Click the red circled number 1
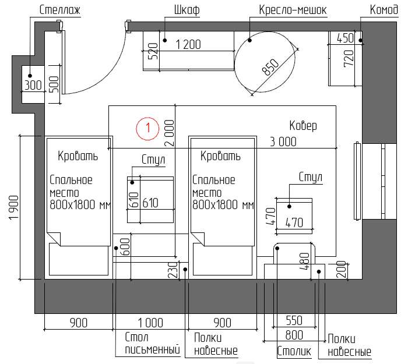pyautogui.click(x=147, y=129)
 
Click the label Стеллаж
pyautogui.click(x=59, y=10)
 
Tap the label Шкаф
pyautogui.click(x=187, y=10)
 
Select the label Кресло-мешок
pyautogui.click(x=293, y=10)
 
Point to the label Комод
pyautogui.click(x=384, y=10)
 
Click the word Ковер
pyautogui.click(x=303, y=126)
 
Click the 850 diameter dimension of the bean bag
pyautogui.click(x=270, y=67)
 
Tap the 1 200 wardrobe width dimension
pyautogui.click(x=188, y=44)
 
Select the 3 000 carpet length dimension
pyautogui.click(x=283, y=142)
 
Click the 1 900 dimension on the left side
pyautogui.click(x=14, y=208)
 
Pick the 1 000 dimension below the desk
pyautogui.click(x=150, y=323)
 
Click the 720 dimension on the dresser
pyautogui.click(x=349, y=58)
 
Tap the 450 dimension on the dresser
pyautogui.click(x=345, y=38)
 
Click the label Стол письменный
pyautogui.click(x=152, y=344)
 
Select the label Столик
pyautogui.click(x=294, y=351)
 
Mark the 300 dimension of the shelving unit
pyautogui.click(x=33, y=85)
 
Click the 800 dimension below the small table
pyautogui.click(x=294, y=335)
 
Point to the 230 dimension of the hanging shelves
pyautogui.click(x=174, y=270)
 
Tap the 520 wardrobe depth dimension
pyautogui.click(x=153, y=51)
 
